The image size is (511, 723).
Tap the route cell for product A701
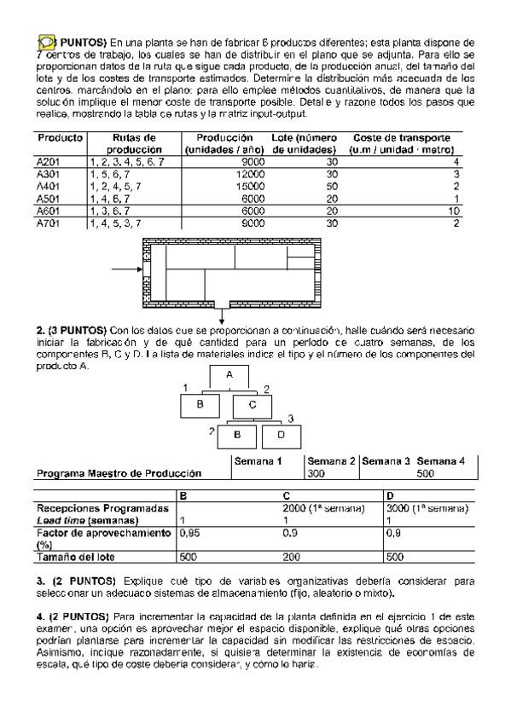click(116, 223)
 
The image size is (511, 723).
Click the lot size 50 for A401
click(308, 185)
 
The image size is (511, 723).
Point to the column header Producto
click(59, 137)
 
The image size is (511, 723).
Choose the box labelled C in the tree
click(253, 405)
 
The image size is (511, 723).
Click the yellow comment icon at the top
click(45, 41)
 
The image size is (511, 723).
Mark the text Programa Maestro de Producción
click(119, 472)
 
